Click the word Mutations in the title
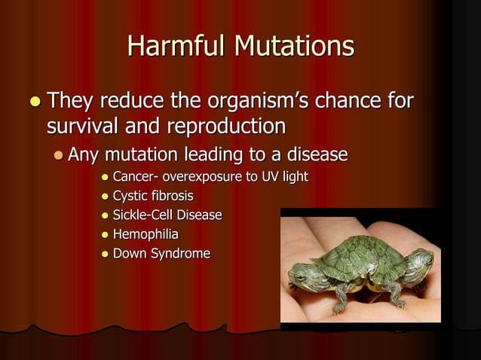(x=294, y=46)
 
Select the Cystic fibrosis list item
(x=148, y=197)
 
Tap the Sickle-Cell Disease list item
(x=167, y=215)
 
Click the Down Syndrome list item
(x=161, y=253)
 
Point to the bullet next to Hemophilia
(x=105, y=235)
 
